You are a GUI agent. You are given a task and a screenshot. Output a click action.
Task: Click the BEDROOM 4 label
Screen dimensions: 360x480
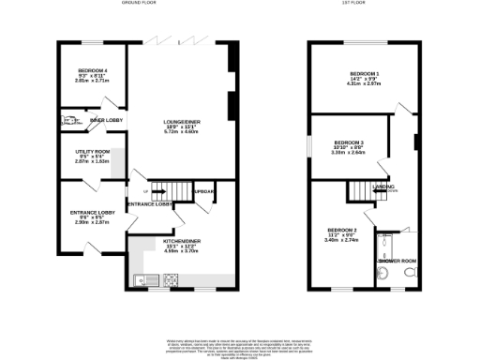[x=92, y=70]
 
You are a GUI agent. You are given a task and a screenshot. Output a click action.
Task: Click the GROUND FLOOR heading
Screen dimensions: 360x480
[x=140, y=4]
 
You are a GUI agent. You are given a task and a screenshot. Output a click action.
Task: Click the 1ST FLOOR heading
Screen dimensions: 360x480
[x=357, y=4]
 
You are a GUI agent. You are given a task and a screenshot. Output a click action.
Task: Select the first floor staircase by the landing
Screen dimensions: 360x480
[x=362, y=190]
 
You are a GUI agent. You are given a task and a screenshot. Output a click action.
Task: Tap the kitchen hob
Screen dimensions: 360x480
[x=172, y=278]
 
